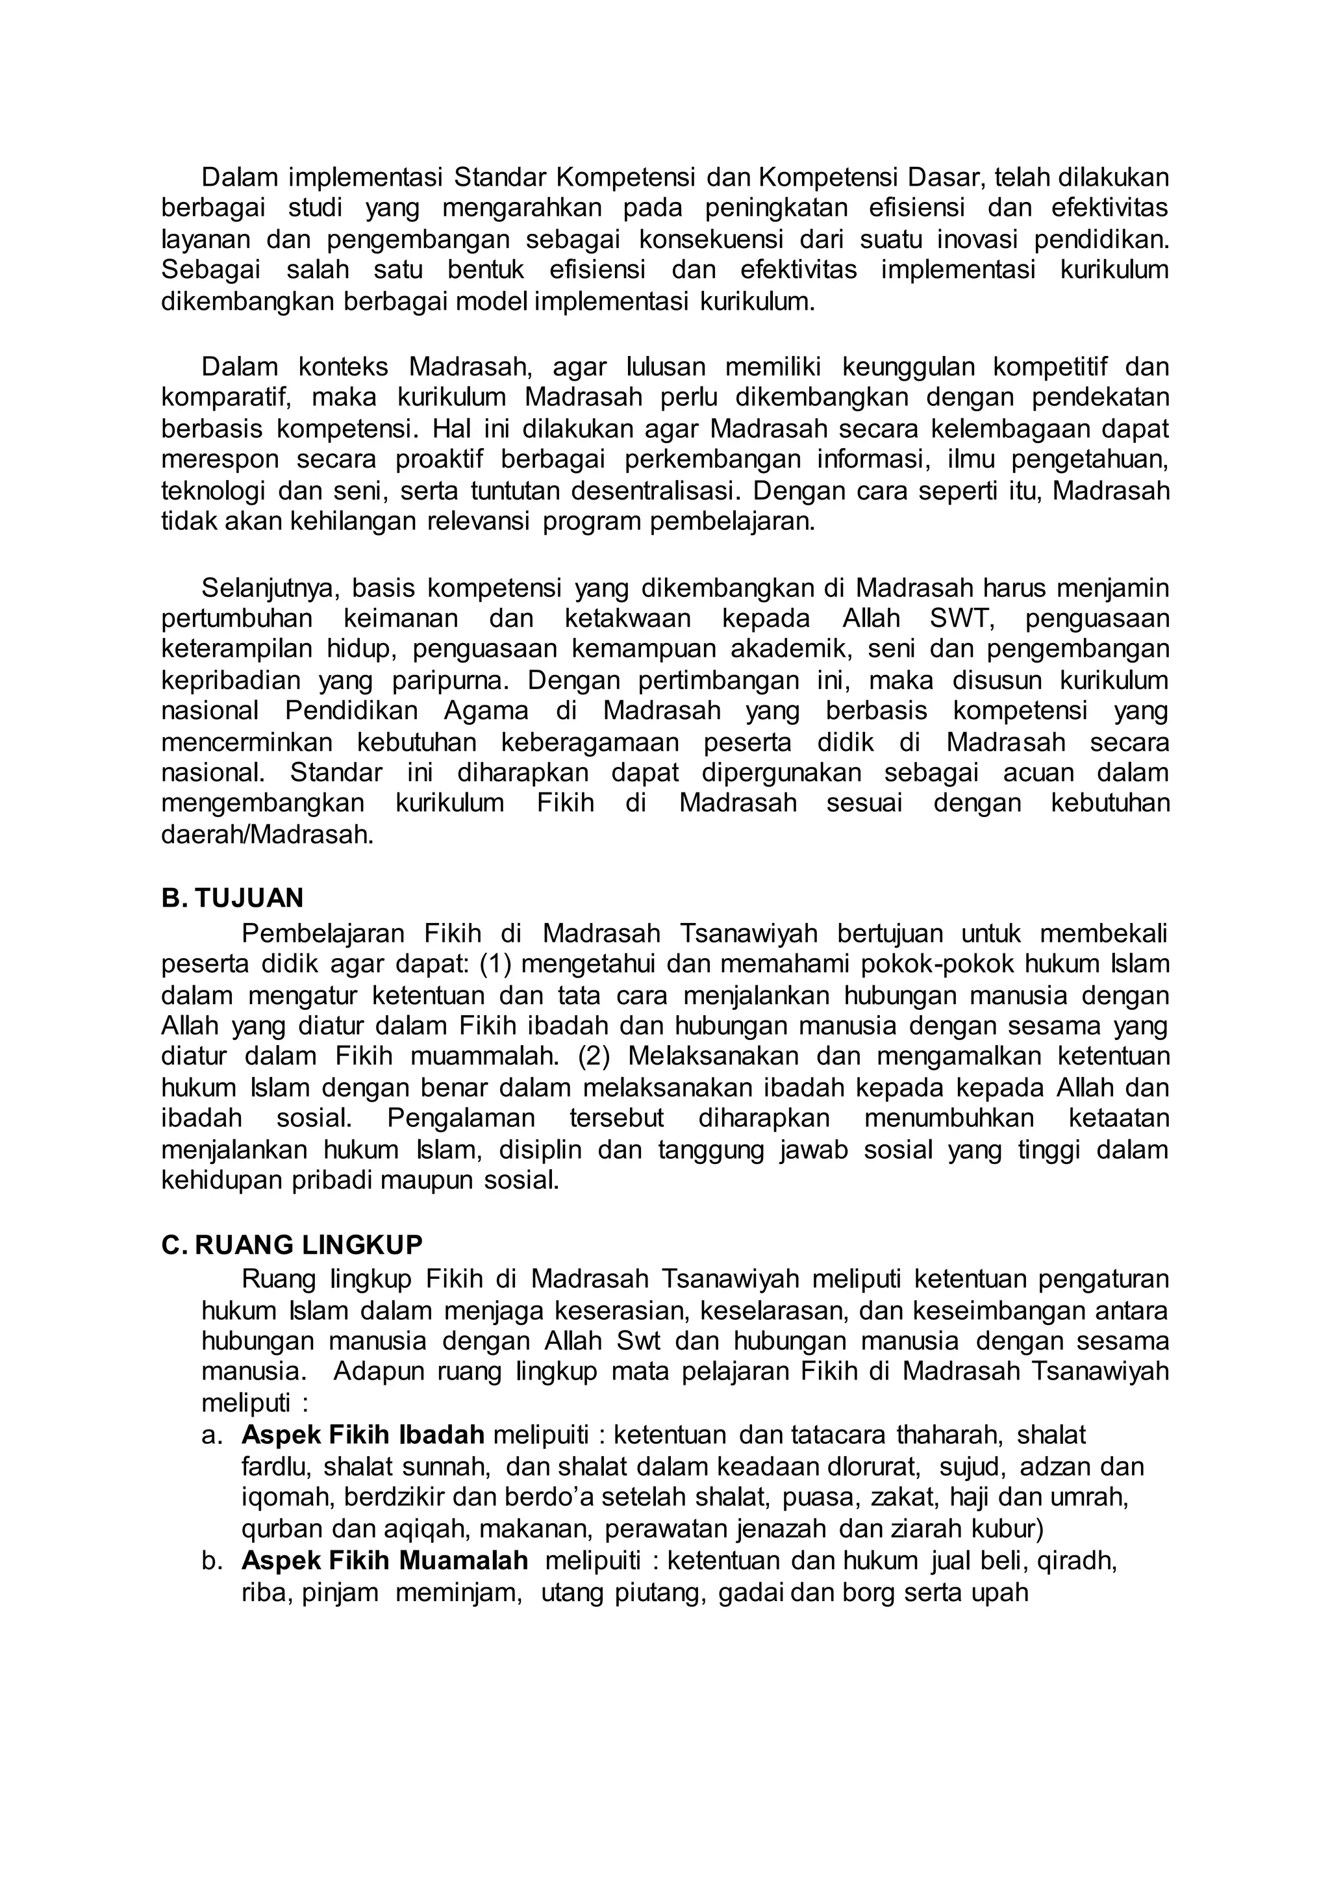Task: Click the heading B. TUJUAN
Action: tap(232, 899)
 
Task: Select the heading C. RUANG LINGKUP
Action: tap(292, 1245)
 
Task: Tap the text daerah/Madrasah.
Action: tap(267, 835)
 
